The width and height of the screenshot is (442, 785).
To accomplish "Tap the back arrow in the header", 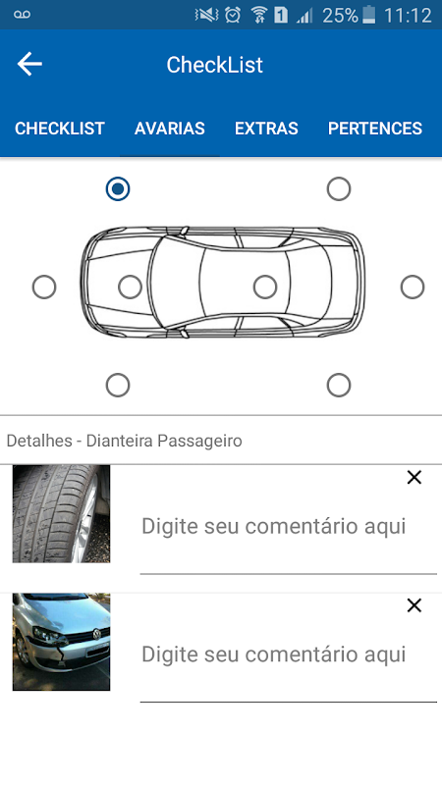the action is (29, 64).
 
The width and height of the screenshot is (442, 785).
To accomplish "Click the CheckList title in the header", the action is (214, 65).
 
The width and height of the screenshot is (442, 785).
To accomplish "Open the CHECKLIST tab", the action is (60, 129).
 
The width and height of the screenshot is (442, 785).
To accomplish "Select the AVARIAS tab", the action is (169, 129).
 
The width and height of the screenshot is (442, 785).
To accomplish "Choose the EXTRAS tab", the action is (266, 129).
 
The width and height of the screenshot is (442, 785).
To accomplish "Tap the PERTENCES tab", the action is (375, 129).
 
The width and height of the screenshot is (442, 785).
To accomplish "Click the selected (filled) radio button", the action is (118, 189).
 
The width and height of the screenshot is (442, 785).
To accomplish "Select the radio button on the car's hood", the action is (130, 288).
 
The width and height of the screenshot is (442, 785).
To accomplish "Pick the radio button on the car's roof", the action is (265, 287).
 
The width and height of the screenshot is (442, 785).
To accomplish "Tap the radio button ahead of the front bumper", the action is (44, 288).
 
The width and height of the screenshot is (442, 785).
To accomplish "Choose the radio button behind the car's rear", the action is (413, 287).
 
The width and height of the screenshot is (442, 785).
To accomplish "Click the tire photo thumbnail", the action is (61, 514).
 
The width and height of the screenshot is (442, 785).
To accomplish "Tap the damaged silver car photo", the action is (61, 643).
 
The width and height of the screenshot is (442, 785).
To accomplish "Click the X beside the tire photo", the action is (414, 478).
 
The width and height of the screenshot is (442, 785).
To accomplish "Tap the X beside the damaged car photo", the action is (414, 605).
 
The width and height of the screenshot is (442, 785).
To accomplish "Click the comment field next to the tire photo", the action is (288, 527).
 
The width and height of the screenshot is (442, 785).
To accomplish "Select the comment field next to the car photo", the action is (288, 654).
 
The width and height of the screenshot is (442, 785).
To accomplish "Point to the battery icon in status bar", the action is (369, 15).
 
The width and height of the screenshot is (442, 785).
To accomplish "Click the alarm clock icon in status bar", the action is (233, 15).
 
